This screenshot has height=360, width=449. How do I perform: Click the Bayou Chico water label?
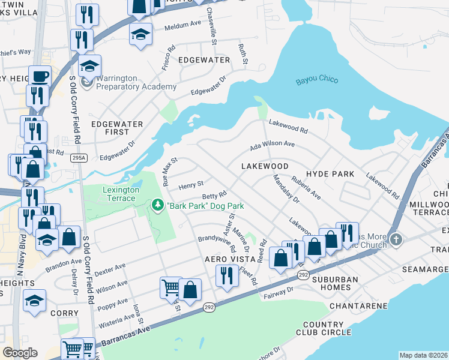(x=317, y=80)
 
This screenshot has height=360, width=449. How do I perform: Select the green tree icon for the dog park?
(x=158, y=206)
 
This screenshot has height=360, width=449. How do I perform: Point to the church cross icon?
(x=395, y=240)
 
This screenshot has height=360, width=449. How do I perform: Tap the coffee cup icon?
(x=40, y=76)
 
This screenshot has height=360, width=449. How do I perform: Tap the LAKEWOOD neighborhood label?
(x=265, y=166)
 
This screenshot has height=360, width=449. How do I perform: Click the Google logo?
(x=20, y=353)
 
